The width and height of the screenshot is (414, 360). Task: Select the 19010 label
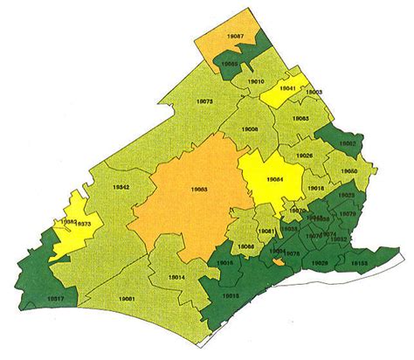[x=256, y=81]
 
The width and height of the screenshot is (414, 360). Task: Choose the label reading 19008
[x=249, y=130]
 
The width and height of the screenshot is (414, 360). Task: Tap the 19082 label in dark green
[x=347, y=142]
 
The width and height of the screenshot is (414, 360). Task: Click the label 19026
[x=305, y=156]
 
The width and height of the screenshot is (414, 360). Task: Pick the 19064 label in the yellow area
[x=273, y=180]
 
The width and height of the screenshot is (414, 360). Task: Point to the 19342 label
[x=122, y=187]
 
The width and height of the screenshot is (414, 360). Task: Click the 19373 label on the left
[x=85, y=225]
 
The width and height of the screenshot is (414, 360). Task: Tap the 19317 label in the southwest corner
[x=54, y=298]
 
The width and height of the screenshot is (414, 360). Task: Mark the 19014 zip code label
[x=176, y=276]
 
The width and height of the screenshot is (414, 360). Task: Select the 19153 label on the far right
[x=359, y=262]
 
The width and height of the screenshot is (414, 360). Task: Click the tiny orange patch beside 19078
[x=277, y=260]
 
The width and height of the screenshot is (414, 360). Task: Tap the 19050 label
[x=349, y=171]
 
